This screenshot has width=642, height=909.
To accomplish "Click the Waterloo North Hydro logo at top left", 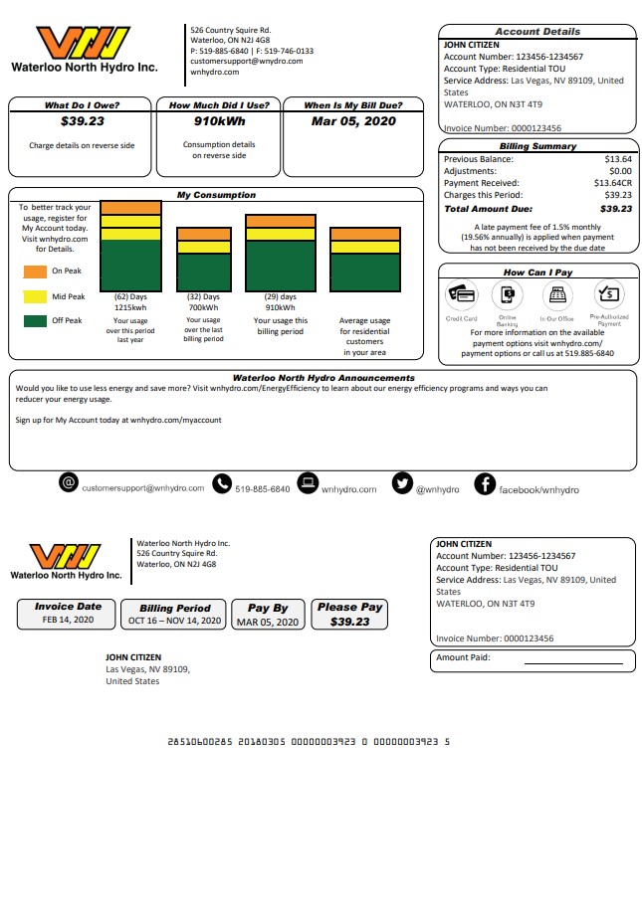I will click(84, 50).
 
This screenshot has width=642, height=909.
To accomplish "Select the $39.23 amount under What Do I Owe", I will click(80, 121).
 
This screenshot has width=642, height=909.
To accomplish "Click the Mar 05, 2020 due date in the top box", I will click(353, 121).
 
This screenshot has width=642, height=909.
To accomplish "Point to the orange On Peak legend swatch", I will click(35, 271).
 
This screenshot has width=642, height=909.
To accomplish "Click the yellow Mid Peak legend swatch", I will click(35, 296).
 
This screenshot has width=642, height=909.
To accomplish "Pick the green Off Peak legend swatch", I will click(35, 321).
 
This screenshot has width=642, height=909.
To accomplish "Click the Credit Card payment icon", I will click(462, 294).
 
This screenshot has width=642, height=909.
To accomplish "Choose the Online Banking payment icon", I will click(508, 294).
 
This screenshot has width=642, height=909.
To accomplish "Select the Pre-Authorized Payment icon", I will click(608, 294).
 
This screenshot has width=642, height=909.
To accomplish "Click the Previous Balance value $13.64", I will click(618, 159).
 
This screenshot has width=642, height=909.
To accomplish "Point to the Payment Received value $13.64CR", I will click(613, 183).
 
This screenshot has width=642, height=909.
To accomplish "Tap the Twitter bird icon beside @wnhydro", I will click(402, 483).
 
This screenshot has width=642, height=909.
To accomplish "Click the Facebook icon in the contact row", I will click(485, 483).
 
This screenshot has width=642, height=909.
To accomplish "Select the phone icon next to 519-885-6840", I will click(221, 483).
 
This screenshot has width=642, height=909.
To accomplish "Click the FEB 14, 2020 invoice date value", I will click(68, 620).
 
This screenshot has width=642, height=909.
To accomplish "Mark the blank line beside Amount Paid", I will click(572, 661).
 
